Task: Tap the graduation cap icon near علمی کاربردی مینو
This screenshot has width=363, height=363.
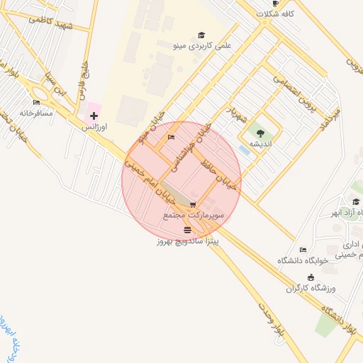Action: (x=201, y=35)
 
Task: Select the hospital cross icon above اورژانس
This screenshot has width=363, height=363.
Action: (x=93, y=116)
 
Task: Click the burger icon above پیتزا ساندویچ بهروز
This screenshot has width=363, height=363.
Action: (x=187, y=230)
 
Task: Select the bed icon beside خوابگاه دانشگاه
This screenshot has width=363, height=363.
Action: (x=303, y=250)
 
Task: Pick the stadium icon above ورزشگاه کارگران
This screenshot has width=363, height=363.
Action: (x=311, y=277)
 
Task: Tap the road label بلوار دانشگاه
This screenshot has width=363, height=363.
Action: (x=340, y=318)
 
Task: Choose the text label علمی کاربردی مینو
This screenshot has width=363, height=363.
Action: (x=202, y=45)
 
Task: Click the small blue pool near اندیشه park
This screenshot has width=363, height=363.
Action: (x=245, y=150)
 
